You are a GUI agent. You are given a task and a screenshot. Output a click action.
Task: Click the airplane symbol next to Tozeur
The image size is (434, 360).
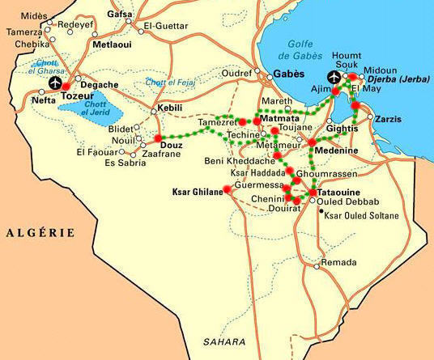click(56, 83)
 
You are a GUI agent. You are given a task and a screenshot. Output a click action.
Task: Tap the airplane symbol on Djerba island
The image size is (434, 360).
click(334, 78)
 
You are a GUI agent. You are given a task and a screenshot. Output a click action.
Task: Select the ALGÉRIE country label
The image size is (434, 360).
click(40, 233)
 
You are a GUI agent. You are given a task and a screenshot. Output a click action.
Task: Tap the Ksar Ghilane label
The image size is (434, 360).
click(196, 192)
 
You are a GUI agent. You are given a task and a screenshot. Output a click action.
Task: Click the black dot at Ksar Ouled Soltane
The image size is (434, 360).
click(321, 210)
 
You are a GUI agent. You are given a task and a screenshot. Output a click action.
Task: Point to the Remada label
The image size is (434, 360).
click(338, 264)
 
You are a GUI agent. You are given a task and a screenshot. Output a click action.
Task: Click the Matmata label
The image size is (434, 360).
click(281, 119)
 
